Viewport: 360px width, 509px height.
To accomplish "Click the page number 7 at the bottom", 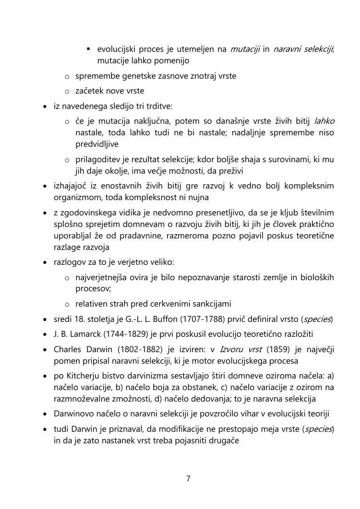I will [189, 478].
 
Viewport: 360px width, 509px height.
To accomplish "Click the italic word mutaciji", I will [245, 49].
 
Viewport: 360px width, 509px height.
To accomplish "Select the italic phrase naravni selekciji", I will [303, 49].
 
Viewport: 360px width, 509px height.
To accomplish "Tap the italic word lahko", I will [324, 121].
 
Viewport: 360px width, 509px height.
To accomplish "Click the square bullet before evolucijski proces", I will [89, 49].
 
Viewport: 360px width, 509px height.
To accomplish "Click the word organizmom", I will [77, 197].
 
